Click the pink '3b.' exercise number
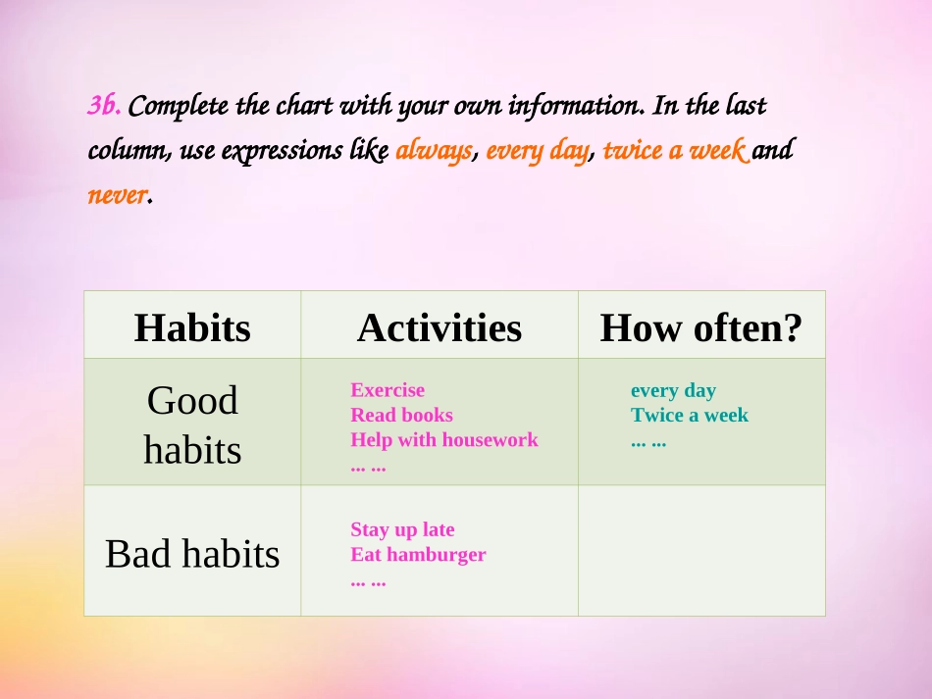click(104, 105)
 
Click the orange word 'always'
click(434, 151)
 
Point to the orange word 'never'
click(116, 195)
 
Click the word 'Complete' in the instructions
click(173, 105)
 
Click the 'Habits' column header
click(192, 327)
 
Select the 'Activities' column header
click(439, 327)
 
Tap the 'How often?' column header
click(700, 327)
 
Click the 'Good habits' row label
click(192, 424)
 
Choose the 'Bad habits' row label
click(192, 554)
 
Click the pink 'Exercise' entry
click(388, 390)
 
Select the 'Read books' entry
click(401, 415)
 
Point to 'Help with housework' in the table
click(443, 439)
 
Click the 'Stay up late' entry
click(402, 529)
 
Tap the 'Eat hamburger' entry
click(418, 554)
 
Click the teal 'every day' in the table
click(673, 390)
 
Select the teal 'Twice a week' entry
click(689, 415)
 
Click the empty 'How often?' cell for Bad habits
click(700, 551)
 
